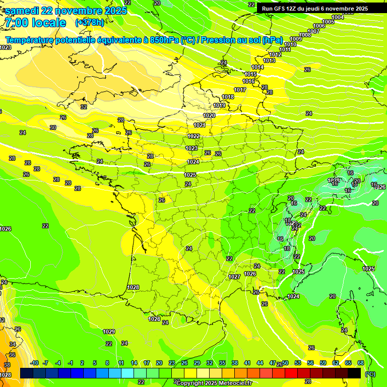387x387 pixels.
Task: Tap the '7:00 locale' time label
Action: pos(35,23)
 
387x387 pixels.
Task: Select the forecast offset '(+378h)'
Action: pos(89,23)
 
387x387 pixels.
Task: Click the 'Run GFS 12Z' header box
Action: pos(312,9)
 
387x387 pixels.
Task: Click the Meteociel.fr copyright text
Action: pos(214,383)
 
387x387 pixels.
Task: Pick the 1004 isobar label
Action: pos(338,17)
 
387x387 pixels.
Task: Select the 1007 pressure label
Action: pos(313,31)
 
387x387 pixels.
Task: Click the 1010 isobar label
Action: pos(290,44)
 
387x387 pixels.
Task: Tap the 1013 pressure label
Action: pos(269,60)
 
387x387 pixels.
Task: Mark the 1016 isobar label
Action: pos(248,81)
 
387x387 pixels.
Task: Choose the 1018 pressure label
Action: pos(228,97)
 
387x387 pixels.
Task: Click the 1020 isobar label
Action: pos(209,115)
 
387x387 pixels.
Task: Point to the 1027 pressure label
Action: pos(234,277)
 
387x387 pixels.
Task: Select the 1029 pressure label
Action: pos(109,332)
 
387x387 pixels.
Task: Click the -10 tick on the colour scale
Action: pos(34,363)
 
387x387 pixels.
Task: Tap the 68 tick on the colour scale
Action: pos(361,363)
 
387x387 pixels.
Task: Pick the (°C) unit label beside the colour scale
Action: pos(370,374)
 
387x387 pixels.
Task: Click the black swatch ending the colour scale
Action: pos(354,373)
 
